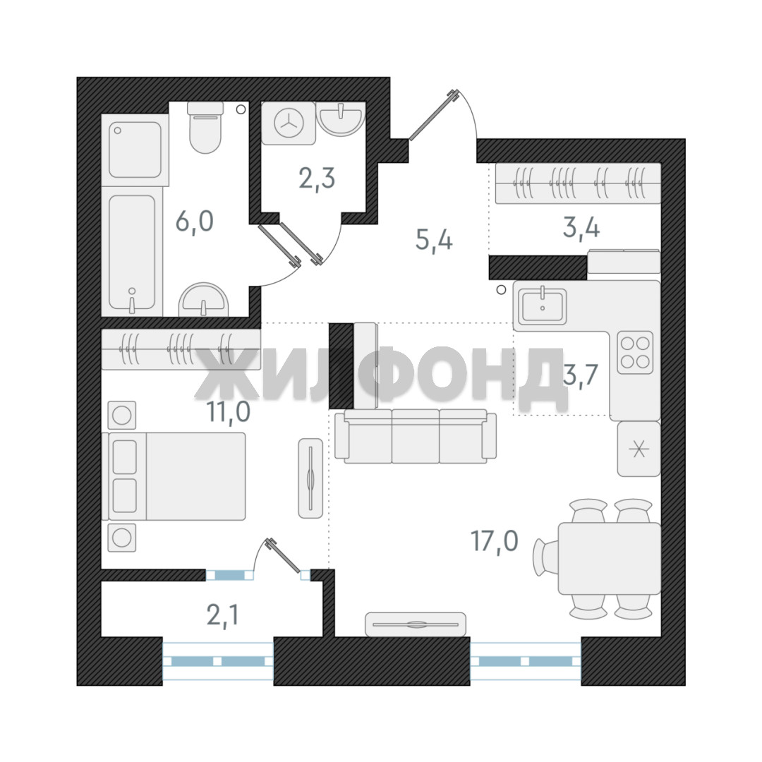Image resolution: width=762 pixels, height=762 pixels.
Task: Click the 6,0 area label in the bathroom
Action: pyautogui.click(x=195, y=222)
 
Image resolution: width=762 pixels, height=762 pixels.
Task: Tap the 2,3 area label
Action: pyautogui.click(x=317, y=179)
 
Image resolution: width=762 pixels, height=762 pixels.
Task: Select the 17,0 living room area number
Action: pyautogui.click(x=494, y=541)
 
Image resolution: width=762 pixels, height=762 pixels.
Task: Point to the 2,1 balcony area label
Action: pyautogui.click(x=222, y=616)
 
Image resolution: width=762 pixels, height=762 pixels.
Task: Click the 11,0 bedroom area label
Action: pyautogui.click(x=228, y=412)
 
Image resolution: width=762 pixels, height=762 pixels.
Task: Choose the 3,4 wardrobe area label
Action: pyautogui.click(x=581, y=227)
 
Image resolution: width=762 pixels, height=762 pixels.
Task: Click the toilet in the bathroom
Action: pyautogui.click(x=205, y=126)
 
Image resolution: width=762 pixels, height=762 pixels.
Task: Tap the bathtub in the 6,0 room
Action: pyautogui.click(x=132, y=253)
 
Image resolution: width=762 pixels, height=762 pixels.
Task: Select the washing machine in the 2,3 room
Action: pyautogui.click(x=289, y=123)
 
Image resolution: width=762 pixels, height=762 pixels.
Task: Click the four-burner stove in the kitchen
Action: pyautogui.click(x=635, y=353)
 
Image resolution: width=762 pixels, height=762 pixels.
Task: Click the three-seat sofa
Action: pyautogui.click(x=416, y=437)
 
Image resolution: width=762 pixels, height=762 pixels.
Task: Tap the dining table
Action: pyautogui.click(x=610, y=558)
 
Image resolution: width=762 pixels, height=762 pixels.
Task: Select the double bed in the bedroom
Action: pyautogui.click(x=174, y=477)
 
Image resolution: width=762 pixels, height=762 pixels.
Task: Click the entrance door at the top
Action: pyautogui.click(x=434, y=115)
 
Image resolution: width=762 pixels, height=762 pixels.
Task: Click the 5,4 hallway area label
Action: pyautogui.click(x=434, y=240)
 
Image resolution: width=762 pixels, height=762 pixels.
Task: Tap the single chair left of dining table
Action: pyautogui.click(x=545, y=558)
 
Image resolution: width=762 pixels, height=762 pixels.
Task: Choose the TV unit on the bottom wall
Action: pyautogui.click(x=416, y=624)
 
